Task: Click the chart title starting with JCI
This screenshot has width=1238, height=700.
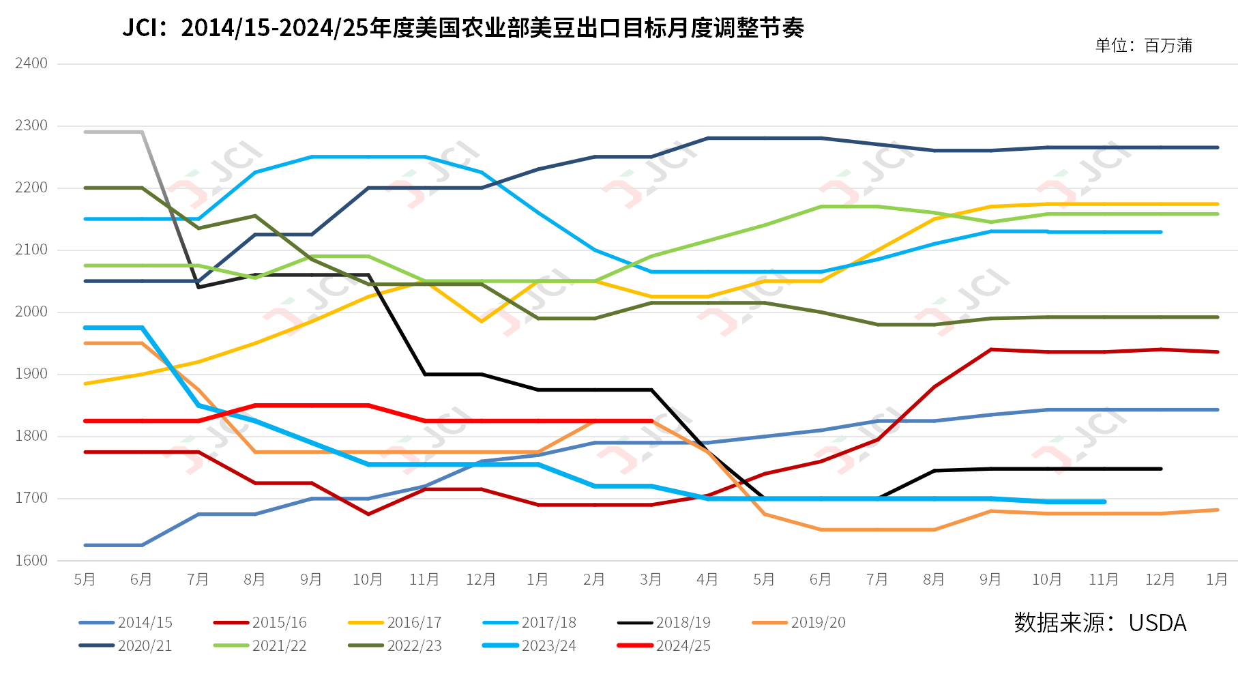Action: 463,28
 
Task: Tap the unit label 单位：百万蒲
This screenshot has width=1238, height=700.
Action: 1144,46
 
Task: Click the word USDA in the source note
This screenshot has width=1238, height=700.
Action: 1158,623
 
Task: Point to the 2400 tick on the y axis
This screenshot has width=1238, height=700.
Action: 31,63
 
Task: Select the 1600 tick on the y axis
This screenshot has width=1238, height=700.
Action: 31,561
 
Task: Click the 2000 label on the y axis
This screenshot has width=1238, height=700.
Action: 31,312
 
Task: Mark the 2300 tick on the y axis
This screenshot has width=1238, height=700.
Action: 31,126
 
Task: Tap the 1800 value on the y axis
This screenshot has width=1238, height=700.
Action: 31,436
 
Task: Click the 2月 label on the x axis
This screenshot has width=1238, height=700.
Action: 594,580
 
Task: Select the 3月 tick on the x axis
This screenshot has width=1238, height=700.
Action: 651,580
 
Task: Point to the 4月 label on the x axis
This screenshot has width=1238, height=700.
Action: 707,580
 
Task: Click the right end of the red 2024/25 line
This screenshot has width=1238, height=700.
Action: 651,421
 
